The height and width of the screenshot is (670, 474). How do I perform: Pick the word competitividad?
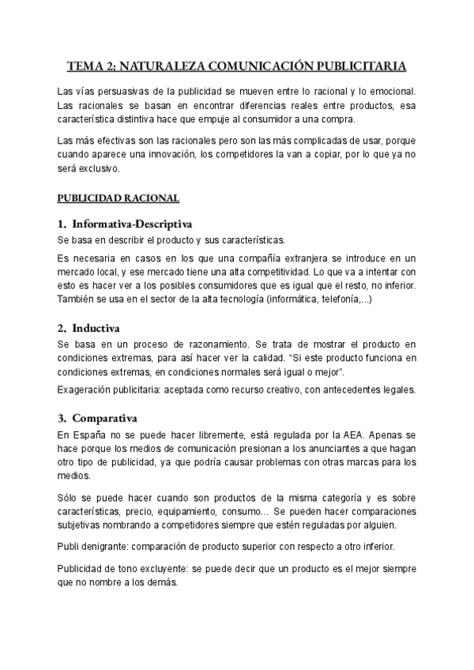point(260,271)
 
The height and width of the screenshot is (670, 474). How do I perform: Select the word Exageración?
point(88,390)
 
